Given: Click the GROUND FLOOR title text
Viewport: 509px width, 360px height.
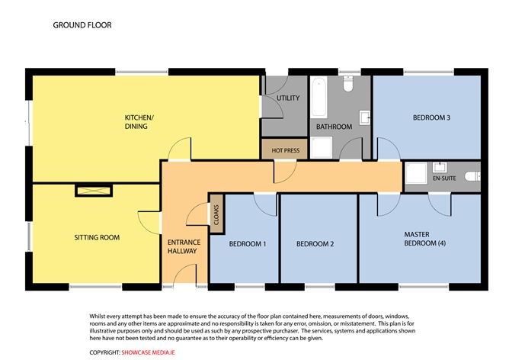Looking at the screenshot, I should click(82, 25).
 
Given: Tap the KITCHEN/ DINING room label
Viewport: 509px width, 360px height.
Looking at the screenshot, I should click(139, 122).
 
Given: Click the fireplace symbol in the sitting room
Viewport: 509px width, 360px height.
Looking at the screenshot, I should click(92, 190).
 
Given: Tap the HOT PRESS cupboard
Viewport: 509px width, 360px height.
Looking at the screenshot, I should click(285, 150).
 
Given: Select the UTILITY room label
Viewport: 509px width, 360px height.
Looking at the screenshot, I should click(288, 98).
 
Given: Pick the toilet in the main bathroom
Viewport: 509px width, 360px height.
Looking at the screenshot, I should click(349, 85).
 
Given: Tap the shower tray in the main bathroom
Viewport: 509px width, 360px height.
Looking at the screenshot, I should click(323, 147).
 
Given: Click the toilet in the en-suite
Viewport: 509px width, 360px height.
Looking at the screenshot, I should click(473, 176).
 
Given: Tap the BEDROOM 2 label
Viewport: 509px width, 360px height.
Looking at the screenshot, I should click(315, 244).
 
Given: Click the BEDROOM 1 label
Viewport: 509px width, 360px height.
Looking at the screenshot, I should click(248, 244).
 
